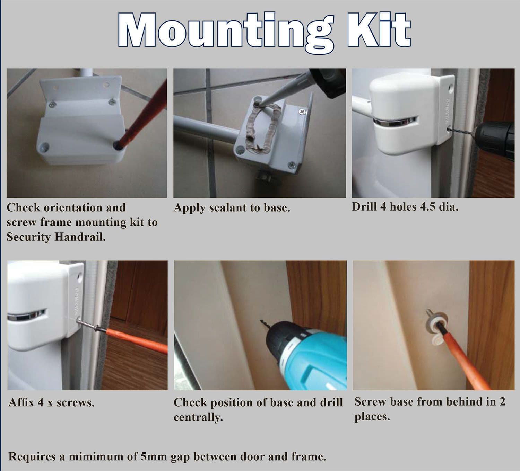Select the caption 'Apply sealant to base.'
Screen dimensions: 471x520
(x=232, y=208)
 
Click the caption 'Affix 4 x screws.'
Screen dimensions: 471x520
(x=51, y=403)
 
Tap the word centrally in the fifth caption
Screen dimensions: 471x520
(x=198, y=417)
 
